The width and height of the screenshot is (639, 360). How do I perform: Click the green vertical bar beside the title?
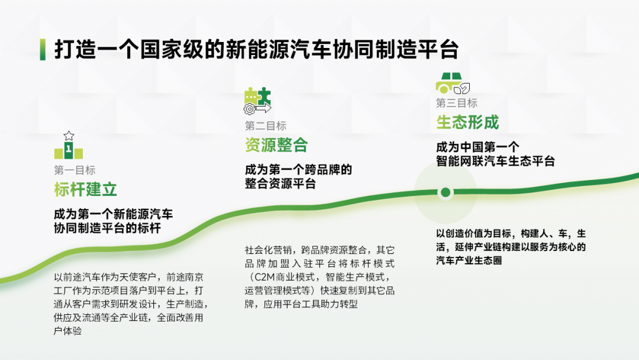pyautogui.click(x=43, y=49)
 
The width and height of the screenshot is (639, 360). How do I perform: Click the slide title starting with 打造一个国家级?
pyautogui.click(x=257, y=49)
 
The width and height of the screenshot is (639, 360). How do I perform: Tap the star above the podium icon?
pyautogui.click(x=69, y=136)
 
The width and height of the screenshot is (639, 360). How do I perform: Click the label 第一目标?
pyautogui.click(x=75, y=170)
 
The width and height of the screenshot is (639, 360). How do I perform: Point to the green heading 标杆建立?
pyautogui.click(x=86, y=189)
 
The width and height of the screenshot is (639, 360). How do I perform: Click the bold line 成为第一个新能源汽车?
pyautogui.click(x=113, y=214)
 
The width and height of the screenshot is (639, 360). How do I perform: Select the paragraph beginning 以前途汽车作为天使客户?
pyautogui.click(x=131, y=304)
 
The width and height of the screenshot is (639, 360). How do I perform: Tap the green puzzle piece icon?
pyautogui.click(x=257, y=97)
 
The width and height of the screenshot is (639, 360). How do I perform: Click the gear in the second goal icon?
pyautogui.click(x=250, y=109)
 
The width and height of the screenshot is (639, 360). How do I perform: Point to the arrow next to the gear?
pyautogui.click(x=263, y=108)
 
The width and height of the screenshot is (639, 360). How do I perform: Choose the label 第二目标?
pyautogui.click(x=266, y=126)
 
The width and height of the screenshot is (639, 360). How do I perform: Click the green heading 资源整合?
pyautogui.click(x=276, y=145)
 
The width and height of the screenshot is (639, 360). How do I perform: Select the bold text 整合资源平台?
pyautogui.click(x=280, y=184)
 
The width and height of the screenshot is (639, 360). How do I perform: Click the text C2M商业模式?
pyautogui.click(x=284, y=277)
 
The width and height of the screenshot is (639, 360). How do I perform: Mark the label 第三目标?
pyautogui.click(x=457, y=103)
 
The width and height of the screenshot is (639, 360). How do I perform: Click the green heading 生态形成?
pyautogui.click(x=467, y=123)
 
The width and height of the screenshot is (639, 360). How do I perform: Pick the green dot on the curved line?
pyautogui.click(x=446, y=192)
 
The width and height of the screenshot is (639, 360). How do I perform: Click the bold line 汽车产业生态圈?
pyautogui.click(x=469, y=260)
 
